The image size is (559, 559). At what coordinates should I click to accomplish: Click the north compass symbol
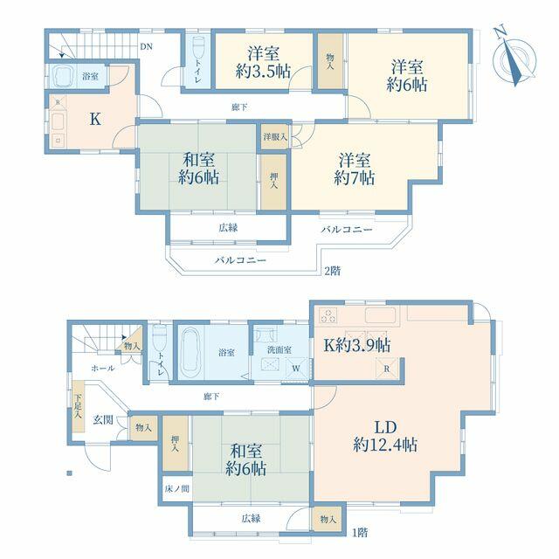click(514, 56)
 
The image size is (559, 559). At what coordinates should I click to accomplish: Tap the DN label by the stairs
click(146, 46)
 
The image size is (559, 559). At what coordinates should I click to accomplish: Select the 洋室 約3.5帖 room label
click(263, 62)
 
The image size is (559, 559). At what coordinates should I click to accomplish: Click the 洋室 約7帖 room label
click(354, 169)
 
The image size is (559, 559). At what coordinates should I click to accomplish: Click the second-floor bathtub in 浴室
click(63, 75)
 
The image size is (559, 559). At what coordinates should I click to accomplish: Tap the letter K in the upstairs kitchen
click(95, 119)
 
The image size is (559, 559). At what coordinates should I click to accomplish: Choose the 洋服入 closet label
click(275, 136)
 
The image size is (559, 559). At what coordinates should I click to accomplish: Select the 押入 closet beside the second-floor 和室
click(273, 182)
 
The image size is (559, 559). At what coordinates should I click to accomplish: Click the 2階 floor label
click(332, 272)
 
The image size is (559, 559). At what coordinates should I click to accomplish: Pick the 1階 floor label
click(360, 533)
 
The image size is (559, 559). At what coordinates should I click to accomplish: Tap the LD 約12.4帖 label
click(385, 437)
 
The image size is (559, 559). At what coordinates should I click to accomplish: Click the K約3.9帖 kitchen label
click(356, 345)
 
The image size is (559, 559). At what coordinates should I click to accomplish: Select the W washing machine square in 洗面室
click(297, 368)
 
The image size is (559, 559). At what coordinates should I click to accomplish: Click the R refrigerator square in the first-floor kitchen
click(387, 369)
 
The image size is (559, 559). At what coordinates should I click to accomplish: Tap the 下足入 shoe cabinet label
click(78, 406)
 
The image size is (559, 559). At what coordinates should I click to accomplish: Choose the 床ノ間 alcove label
click(176, 489)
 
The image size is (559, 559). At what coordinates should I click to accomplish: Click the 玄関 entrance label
click(103, 419)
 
